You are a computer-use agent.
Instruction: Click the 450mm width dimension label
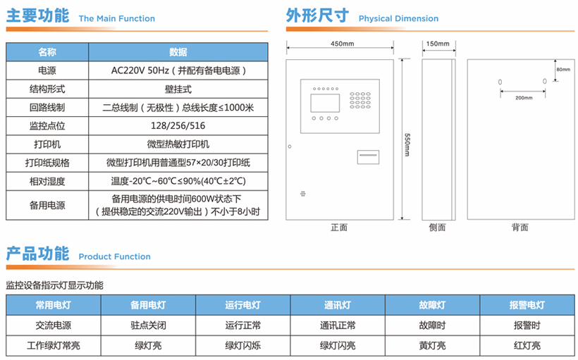[x=342, y=44]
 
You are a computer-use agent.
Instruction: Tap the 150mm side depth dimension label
[x=438, y=44]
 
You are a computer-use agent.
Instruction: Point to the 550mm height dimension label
[x=407, y=144]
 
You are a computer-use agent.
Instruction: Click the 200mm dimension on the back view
[x=524, y=98]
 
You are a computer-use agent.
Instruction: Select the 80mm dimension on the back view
[x=563, y=69]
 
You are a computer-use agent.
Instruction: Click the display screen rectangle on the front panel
[x=325, y=103]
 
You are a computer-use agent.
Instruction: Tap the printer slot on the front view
[x=368, y=157]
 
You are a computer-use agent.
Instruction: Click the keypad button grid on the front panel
[x=360, y=100]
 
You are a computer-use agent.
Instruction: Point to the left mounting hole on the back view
[x=500, y=82]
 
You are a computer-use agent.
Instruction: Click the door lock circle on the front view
[x=290, y=147]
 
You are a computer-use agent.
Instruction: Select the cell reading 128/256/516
[x=178, y=125]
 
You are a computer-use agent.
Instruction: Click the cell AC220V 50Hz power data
[x=178, y=70]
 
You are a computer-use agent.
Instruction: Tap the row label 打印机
[x=47, y=144]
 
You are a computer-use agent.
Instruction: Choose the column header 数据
[x=178, y=52]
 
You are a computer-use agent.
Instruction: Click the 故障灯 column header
[x=432, y=305]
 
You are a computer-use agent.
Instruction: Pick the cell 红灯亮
[x=527, y=345]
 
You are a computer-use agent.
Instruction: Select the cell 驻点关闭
[x=148, y=325]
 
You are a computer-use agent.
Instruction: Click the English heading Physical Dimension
[x=398, y=18]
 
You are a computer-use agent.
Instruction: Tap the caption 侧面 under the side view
[x=437, y=228]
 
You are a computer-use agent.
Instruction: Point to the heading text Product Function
[x=115, y=256]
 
